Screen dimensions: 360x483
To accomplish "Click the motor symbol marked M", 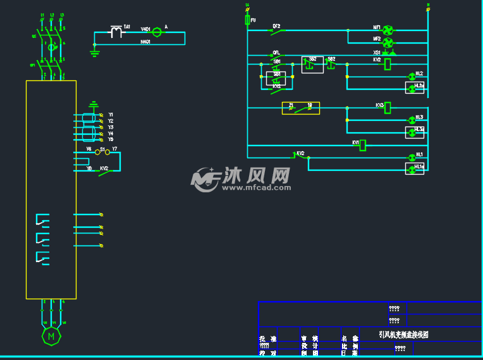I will (x=51, y=336).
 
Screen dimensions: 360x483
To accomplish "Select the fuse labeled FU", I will (x=248, y=21).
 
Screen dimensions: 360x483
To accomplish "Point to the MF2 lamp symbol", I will (x=388, y=42).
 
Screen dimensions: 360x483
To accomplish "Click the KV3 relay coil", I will (x=388, y=108).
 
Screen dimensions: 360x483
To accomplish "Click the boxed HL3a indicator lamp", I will (x=415, y=132).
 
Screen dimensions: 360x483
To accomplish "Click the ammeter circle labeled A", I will (x=157, y=30).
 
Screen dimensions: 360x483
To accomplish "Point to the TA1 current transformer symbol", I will (x=116, y=31).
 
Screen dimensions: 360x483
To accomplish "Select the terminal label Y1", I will (x=111, y=115).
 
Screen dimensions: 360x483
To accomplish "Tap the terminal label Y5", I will (x=111, y=139).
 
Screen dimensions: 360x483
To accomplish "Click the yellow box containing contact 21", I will (x=300, y=108).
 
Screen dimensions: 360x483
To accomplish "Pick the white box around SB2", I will (x=312, y=65).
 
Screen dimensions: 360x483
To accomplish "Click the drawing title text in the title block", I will (x=403, y=334).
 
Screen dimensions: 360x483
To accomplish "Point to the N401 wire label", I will (x=145, y=42).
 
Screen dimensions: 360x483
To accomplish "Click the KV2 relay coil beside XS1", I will (x=388, y=64).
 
